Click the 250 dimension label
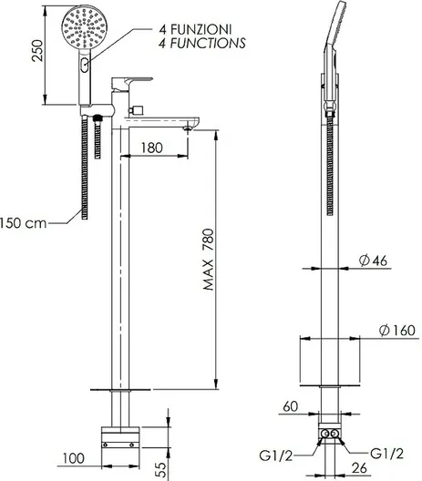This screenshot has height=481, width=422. point(37,50)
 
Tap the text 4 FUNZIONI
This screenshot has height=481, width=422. point(195,29)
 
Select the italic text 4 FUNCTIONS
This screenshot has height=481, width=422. point(202,43)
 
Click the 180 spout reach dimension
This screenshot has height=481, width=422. point(151,148)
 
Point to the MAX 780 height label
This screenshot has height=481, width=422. point(209,260)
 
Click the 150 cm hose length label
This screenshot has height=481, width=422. point(23,223)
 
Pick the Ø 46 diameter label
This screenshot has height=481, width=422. point(373,261)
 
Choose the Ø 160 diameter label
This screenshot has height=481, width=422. point(397,331)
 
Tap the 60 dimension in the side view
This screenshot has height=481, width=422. point(291,406)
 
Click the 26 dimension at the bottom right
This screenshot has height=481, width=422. point(359,468)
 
